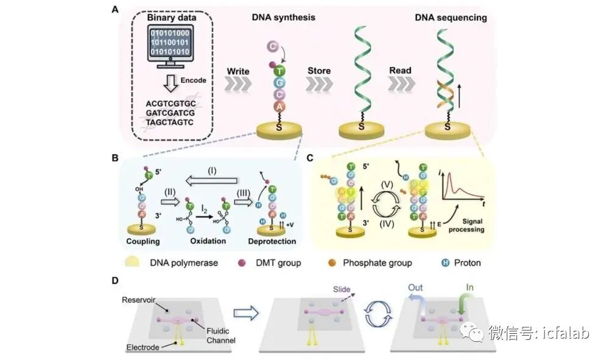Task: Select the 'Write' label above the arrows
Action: (x=238, y=71)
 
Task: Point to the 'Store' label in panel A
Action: (x=319, y=71)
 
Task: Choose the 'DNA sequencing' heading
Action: (x=451, y=18)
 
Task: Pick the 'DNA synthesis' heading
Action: (x=283, y=18)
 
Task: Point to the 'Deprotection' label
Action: (x=272, y=241)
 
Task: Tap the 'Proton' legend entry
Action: (x=466, y=263)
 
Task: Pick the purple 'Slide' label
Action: (x=342, y=289)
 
